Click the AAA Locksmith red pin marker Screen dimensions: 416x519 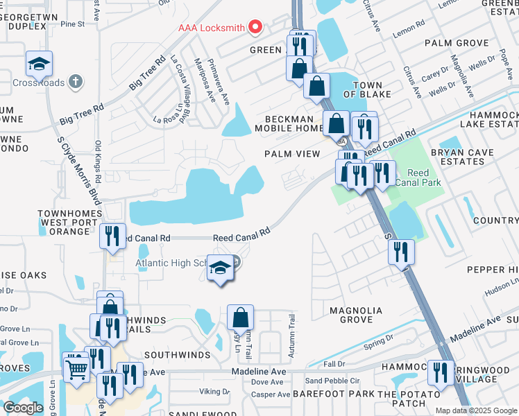(255, 28)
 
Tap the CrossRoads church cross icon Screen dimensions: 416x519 (76, 82)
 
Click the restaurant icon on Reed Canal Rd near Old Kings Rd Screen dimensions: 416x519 (112, 236)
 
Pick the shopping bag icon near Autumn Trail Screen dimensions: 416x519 (240, 318)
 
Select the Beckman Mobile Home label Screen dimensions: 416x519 (289, 123)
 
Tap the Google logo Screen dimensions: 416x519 (23, 407)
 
